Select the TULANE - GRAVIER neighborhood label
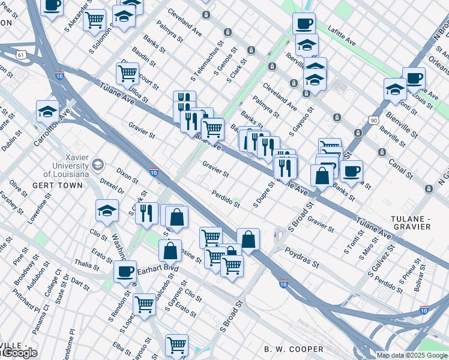tap(412, 221)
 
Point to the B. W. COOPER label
tap(294, 349)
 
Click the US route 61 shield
tap(22, 55)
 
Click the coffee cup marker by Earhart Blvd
tap(125, 271)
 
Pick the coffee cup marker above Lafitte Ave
tap(304, 24)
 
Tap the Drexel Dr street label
tap(112, 186)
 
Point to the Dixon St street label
tap(127, 176)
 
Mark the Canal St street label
tap(400, 169)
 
